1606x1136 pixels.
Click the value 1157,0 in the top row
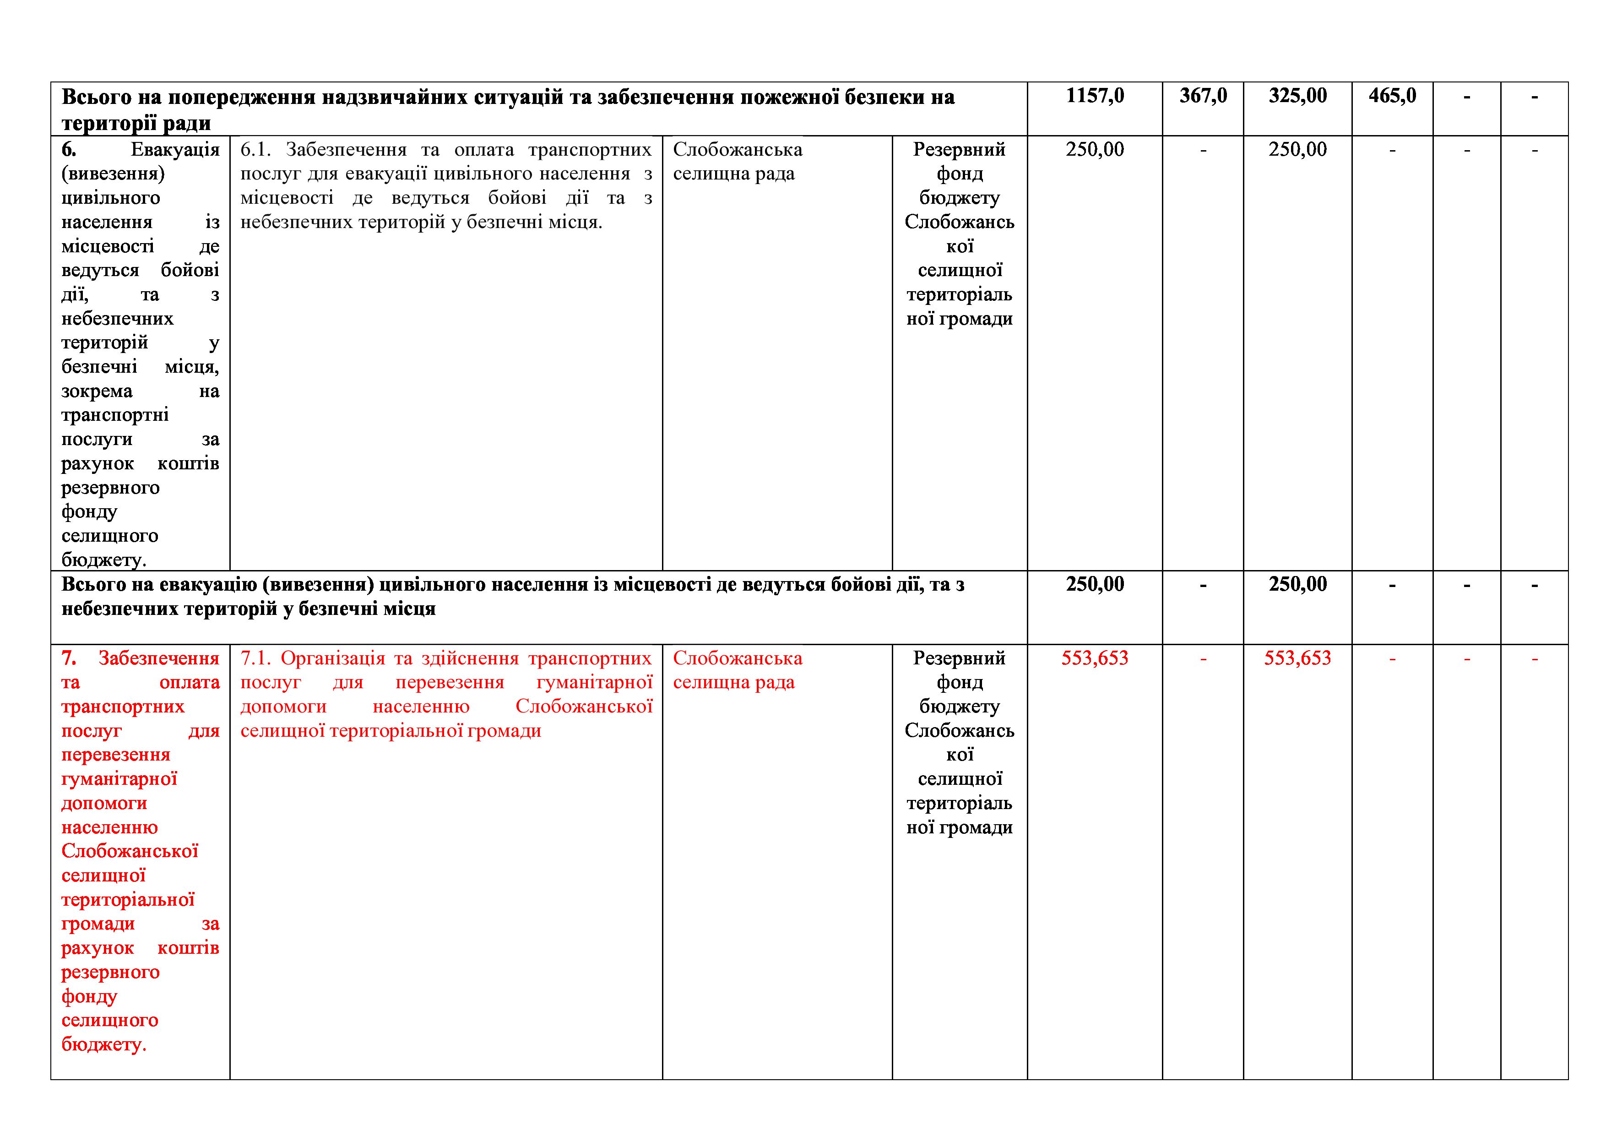pos(1095,96)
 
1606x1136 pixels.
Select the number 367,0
pos(1203,96)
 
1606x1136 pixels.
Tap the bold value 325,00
pos(1297,96)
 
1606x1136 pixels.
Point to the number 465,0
pos(1392,96)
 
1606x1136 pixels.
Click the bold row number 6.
pos(69,150)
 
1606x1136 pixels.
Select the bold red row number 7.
pos(69,658)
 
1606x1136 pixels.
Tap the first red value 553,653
pos(1095,658)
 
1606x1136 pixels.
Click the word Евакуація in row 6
pos(175,150)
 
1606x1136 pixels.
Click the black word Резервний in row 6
pos(959,150)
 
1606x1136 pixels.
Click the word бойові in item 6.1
pos(517,198)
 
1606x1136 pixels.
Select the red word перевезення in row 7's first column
pos(115,755)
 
